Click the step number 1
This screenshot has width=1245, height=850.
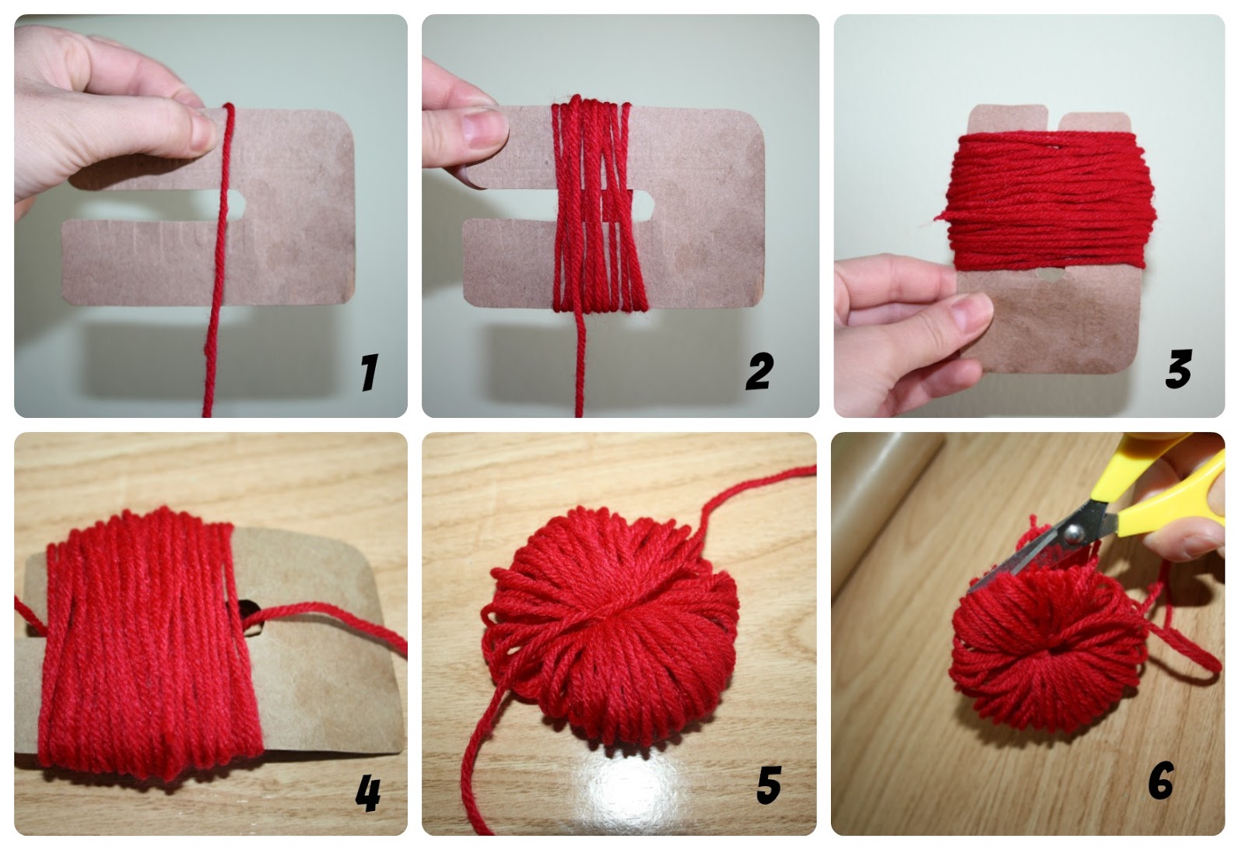(369, 372)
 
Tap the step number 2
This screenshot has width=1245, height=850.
(759, 371)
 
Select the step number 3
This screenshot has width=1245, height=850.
(1178, 369)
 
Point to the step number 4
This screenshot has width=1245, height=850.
(368, 794)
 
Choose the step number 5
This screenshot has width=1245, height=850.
(770, 785)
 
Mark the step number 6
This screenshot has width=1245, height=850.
(1161, 780)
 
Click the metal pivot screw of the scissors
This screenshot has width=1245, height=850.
(1073, 535)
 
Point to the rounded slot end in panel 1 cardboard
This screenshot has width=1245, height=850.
(239, 205)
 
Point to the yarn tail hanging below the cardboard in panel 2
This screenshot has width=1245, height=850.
(579, 362)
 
